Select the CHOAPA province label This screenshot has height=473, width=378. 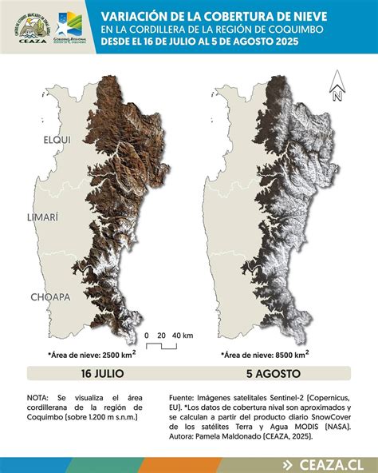(x=50, y=296)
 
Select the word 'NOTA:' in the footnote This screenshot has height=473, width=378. (x=37, y=396)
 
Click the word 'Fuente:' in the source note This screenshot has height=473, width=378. (x=183, y=396)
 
